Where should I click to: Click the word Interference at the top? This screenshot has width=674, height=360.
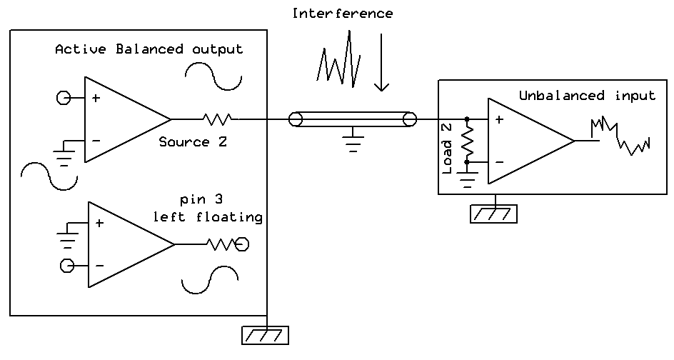(343, 14)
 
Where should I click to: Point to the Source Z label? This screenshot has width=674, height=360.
(193, 141)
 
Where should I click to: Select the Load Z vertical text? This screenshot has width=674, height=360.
(448, 146)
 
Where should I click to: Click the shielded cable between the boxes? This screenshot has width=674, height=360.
(352, 119)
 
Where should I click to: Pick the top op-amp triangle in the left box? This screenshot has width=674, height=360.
(121, 119)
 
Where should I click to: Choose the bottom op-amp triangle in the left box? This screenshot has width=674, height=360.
(125, 244)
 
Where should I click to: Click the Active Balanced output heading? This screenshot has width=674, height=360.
(149, 49)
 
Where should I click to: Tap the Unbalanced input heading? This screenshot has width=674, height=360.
(587, 96)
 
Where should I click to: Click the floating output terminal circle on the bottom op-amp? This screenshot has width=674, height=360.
(242, 245)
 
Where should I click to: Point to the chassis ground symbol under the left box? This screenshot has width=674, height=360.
(266, 335)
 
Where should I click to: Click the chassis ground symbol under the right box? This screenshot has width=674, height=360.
(493, 214)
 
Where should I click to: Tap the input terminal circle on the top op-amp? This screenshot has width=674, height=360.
(62, 98)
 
